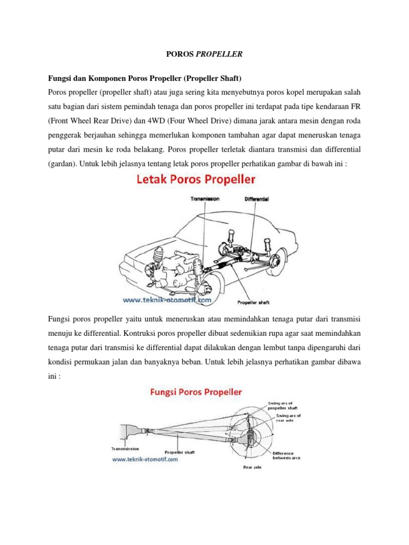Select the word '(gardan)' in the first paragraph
point(63,164)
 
